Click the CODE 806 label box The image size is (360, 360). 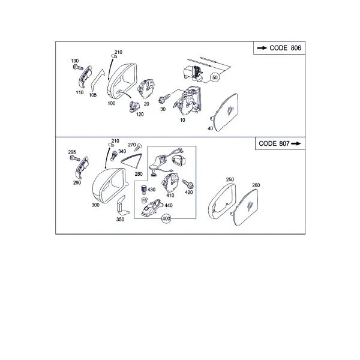click(x=279, y=48)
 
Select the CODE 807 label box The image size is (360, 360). click(x=280, y=143)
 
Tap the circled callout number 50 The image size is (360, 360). click(x=215, y=77)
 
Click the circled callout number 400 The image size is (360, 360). click(x=166, y=219)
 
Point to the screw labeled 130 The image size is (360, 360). click(x=78, y=67)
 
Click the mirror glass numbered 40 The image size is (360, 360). click(x=224, y=112)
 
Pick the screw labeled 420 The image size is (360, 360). click(x=188, y=184)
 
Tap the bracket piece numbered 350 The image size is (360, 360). click(x=121, y=206)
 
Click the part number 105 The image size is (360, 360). click(x=93, y=95)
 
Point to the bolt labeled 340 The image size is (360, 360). click(x=114, y=155)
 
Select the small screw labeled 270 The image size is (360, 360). click(x=139, y=147)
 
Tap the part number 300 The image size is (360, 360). click(x=95, y=205)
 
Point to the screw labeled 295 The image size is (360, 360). click(x=75, y=158)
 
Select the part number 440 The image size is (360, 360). click(x=169, y=205)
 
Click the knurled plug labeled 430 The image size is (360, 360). click(x=144, y=189)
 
